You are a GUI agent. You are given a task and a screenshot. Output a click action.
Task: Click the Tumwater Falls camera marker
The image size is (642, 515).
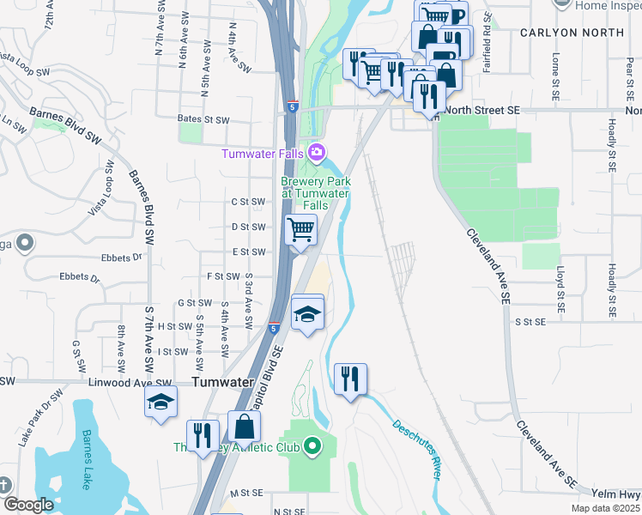317,154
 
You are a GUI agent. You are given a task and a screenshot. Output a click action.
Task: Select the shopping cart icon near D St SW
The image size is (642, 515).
301,230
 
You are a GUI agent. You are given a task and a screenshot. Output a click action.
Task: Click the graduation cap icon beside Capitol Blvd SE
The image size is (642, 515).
308,312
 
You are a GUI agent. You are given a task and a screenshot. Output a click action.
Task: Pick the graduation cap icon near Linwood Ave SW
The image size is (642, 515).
160,403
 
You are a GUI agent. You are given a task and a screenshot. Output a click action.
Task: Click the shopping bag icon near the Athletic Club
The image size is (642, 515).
244,427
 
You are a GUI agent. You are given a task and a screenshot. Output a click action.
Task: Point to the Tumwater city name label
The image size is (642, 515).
221,382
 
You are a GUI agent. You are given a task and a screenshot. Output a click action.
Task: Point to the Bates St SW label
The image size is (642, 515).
203,119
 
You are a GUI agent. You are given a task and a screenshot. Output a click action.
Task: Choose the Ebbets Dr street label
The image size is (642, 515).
80,277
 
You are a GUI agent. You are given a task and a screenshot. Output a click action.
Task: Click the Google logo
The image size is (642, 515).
28,505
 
